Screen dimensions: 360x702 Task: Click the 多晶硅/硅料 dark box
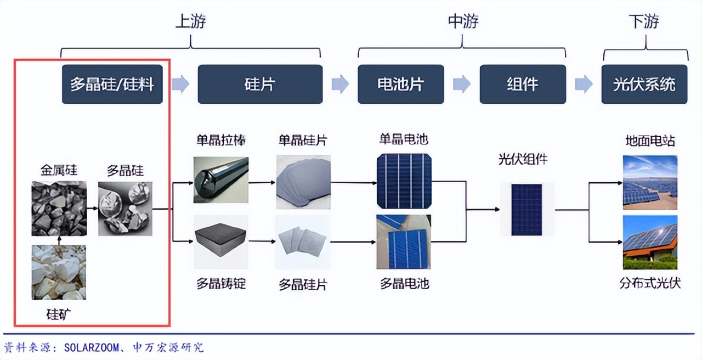click(112, 84)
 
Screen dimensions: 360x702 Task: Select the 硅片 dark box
click(259, 84)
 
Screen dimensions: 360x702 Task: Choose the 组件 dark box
click(522, 84)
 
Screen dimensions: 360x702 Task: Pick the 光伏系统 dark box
click(644, 84)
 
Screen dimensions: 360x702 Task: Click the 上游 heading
click(190, 22)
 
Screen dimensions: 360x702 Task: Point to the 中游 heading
click(463, 22)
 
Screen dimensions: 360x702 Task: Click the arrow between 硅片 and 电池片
click(340, 84)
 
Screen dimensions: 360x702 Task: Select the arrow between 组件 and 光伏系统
click(584, 84)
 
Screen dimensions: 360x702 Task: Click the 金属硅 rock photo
click(59, 208)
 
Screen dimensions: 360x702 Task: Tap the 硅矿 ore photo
click(59, 272)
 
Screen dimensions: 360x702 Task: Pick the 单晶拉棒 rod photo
click(220, 180)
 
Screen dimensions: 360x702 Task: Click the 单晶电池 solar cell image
click(403, 181)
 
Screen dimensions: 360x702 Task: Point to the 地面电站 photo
click(650, 182)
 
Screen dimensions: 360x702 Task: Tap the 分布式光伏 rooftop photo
click(650, 241)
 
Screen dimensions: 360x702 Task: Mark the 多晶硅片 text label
click(303, 285)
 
